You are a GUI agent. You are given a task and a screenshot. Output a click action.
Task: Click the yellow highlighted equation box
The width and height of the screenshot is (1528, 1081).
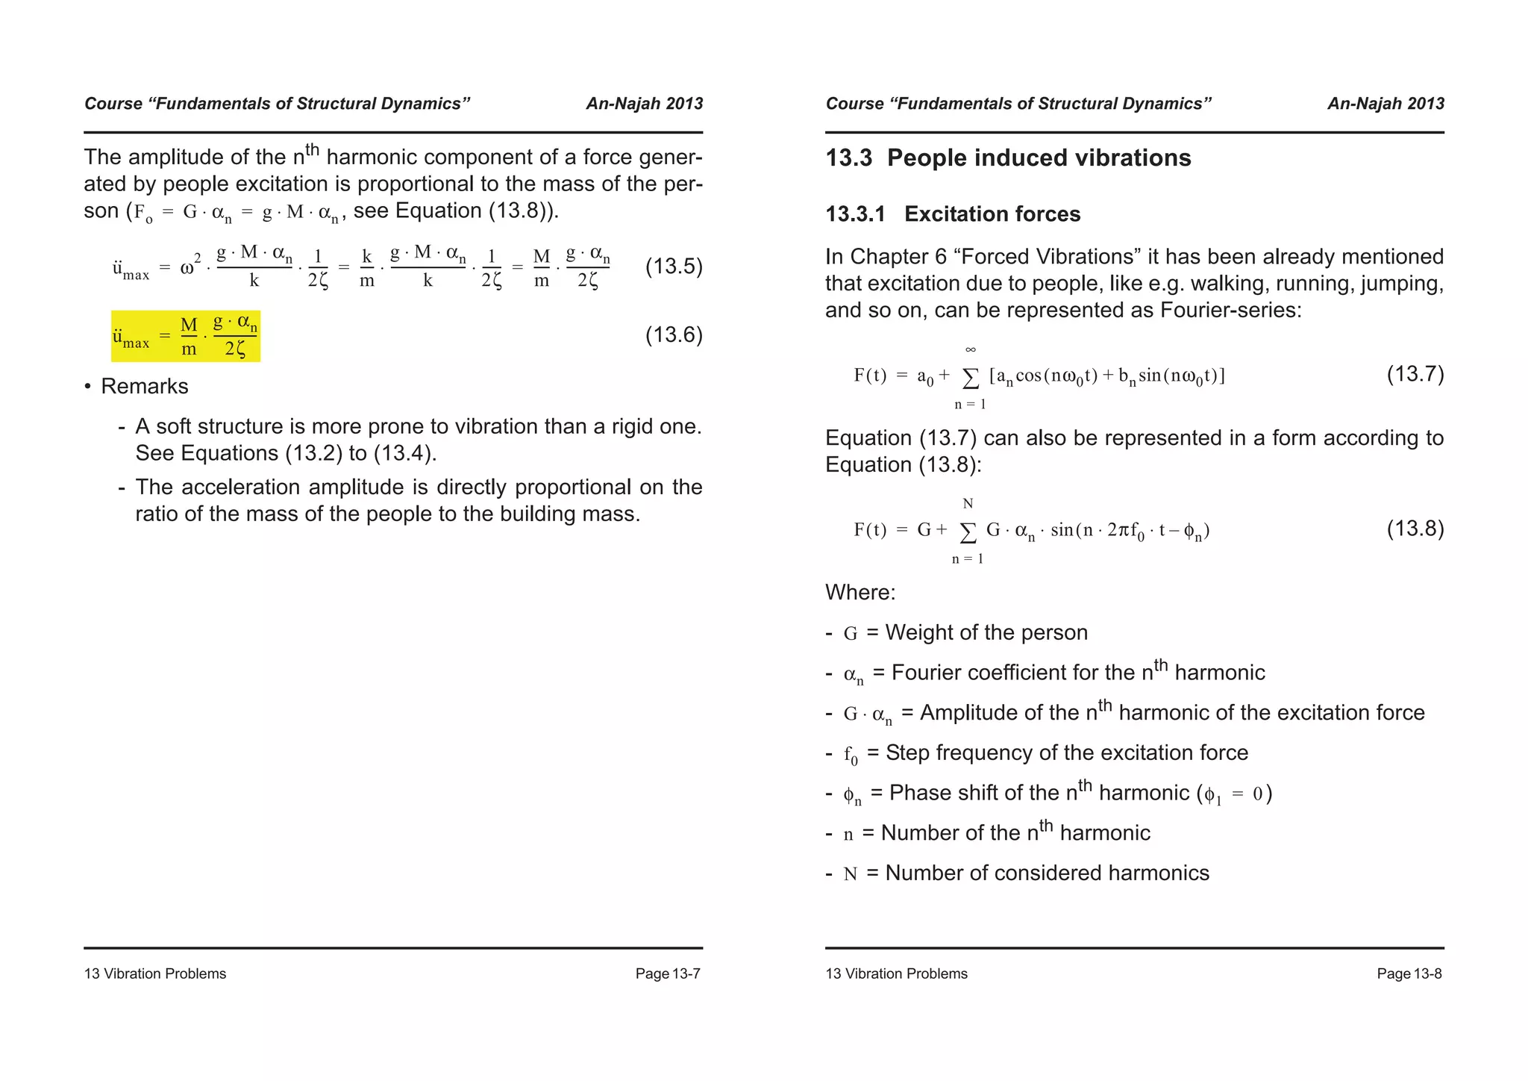point(186,336)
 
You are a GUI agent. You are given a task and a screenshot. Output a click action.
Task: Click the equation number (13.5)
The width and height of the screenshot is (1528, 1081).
point(673,267)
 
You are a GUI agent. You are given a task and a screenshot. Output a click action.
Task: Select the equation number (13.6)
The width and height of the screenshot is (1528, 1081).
point(673,334)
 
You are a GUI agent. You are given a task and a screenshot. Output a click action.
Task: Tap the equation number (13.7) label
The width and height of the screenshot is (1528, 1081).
point(1415,374)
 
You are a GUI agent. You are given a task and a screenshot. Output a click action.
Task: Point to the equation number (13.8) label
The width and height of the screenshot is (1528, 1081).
point(1415,529)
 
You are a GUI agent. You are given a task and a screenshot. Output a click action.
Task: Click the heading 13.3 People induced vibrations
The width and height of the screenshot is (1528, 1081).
point(1008,158)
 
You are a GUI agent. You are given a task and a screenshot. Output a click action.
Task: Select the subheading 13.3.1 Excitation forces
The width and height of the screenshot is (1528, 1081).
point(953,214)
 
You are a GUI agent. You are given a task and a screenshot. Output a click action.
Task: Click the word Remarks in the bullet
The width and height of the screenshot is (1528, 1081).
point(145,387)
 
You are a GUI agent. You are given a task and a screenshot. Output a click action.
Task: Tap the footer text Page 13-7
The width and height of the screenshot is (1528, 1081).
point(668,973)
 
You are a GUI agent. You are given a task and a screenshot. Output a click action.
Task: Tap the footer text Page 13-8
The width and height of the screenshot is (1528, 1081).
point(1409,973)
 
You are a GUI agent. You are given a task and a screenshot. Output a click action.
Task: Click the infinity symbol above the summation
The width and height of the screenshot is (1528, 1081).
point(970,349)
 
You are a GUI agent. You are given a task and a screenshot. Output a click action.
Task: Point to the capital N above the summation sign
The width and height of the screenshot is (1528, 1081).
point(968,504)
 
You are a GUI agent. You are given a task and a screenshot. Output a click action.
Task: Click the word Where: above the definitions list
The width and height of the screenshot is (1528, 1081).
point(859,593)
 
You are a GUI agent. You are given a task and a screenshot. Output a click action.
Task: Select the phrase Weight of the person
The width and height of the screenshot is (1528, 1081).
point(986,633)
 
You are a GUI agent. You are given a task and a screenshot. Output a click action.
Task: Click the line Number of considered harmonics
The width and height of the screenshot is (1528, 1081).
point(1047,873)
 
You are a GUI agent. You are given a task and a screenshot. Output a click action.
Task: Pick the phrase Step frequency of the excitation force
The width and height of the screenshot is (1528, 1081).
point(1066,753)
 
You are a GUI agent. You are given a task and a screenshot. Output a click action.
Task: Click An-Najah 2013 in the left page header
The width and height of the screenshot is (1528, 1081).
point(644,104)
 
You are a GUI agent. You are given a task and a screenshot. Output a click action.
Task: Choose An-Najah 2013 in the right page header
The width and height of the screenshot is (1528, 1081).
point(1385,104)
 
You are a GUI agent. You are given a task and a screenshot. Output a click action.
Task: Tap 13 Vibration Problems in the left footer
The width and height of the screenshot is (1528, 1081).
point(155,973)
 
